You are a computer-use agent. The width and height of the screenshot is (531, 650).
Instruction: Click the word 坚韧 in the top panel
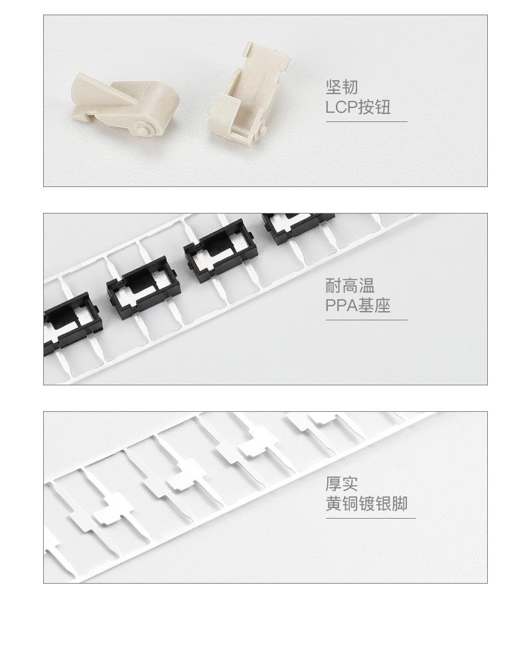point(342,88)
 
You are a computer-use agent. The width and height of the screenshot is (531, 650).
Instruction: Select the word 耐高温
point(350,287)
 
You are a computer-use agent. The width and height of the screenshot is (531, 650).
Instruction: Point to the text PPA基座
point(358,306)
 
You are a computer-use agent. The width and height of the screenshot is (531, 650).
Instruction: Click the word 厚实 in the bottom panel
point(342,484)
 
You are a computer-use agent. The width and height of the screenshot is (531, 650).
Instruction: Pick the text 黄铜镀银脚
point(366,504)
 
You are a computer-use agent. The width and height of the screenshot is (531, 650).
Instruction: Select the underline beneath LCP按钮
point(366,121)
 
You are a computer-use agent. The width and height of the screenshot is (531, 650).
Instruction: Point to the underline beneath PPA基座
point(366,320)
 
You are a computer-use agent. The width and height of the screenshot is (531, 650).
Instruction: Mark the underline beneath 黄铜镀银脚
point(370,518)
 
